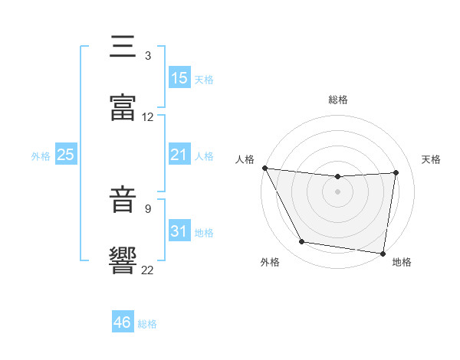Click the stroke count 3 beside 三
click(x=147, y=56)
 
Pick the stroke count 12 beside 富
click(x=148, y=117)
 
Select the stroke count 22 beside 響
click(x=148, y=269)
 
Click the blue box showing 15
click(x=179, y=78)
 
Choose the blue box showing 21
click(x=179, y=155)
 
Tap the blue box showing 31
click(x=179, y=231)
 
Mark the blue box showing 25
click(x=66, y=155)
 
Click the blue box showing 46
click(x=123, y=322)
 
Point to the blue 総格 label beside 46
click(x=147, y=324)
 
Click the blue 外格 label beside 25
click(x=41, y=156)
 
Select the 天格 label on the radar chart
click(x=432, y=159)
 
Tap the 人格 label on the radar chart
click(x=245, y=159)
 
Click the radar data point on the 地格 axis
click(x=383, y=253)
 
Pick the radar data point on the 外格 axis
click(x=302, y=243)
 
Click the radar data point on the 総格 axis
click(x=337, y=177)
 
